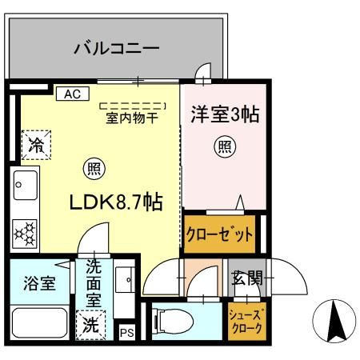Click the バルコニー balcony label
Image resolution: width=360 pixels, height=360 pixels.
click(117, 49)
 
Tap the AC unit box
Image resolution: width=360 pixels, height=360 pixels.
click(72, 94)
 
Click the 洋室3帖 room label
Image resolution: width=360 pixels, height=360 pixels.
click(224, 115)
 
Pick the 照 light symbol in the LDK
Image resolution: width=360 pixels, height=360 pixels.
click(94, 169)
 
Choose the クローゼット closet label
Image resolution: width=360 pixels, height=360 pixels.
click(220, 234)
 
